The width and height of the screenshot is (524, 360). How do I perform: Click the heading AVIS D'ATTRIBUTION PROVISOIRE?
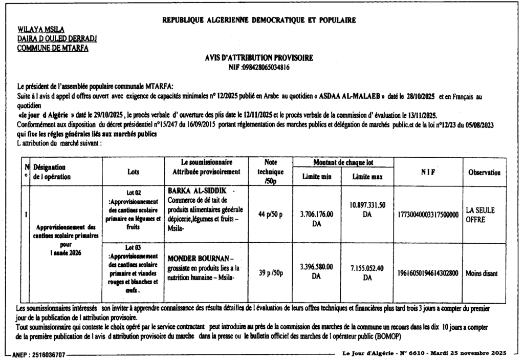(258, 58)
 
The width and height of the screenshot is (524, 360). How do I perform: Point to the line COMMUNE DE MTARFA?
(53, 48)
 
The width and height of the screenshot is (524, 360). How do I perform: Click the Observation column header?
(484, 173)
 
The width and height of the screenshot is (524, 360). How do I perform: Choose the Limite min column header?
(316, 177)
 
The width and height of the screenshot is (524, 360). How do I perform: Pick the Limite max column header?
(367, 177)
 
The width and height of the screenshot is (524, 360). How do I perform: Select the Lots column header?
(134, 173)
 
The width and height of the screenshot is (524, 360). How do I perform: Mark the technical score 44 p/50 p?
(267, 214)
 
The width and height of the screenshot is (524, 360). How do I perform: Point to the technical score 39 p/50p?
(267, 272)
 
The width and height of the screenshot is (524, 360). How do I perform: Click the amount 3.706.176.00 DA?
(316, 218)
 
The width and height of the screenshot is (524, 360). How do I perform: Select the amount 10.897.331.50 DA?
(367, 209)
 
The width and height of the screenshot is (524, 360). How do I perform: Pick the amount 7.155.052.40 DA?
(367, 272)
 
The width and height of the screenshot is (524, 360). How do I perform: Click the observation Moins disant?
(482, 273)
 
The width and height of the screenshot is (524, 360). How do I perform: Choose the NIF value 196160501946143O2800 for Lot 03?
(427, 273)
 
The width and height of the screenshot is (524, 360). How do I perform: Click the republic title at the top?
(258, 20)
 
